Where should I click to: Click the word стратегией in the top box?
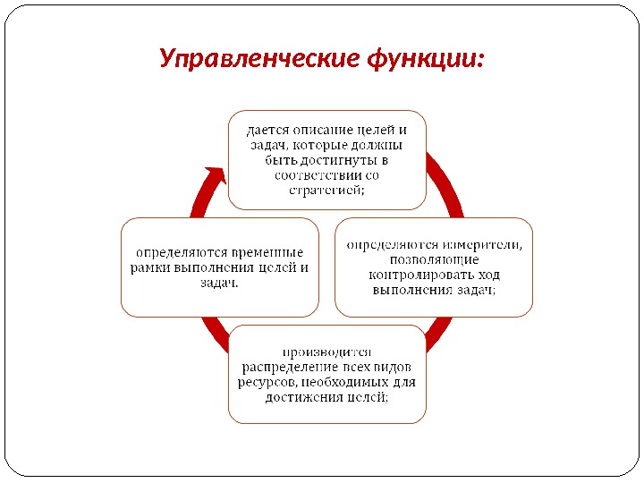pos(325,190)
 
